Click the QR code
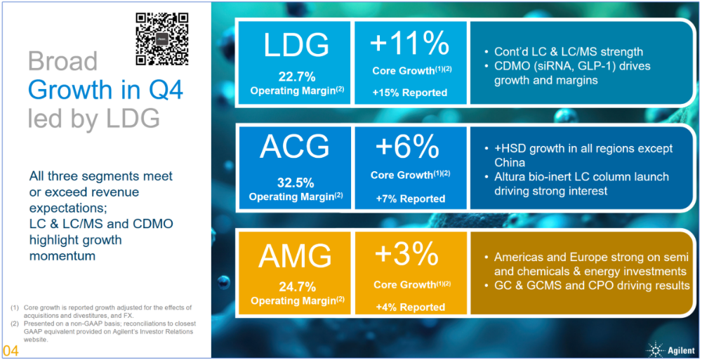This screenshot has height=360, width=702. coord(162,39)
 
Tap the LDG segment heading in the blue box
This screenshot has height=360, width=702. coord(296,45)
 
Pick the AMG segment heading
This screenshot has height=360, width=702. coord(296,256)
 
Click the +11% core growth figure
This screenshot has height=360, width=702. coord(410,44)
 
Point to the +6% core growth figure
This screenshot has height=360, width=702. coord(410,148)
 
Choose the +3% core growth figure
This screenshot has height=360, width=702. coord(410,255)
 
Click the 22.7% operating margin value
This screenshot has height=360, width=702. coord(296,76)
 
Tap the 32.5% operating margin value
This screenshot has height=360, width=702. coord(296,182)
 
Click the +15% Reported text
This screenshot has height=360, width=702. coord(410,93)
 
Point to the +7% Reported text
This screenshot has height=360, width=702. coord(410,199)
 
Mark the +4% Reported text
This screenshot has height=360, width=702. coord(410,307)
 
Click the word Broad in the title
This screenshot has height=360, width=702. coord(63,62)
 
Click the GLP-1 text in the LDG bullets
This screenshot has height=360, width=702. coord(600,66)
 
